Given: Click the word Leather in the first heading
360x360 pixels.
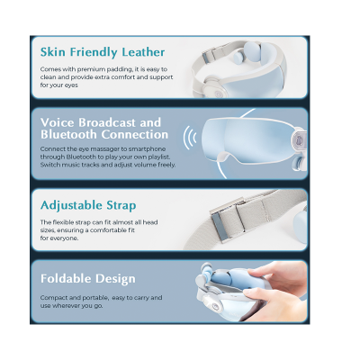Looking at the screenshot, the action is pos(139,52).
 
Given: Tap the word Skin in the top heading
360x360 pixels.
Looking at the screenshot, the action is pos(53,52).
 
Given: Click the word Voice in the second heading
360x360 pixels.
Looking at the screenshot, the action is pos(57,122).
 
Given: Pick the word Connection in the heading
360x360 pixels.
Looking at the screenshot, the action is pos(135,134).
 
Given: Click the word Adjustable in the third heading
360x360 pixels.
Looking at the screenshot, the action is pos(71,206).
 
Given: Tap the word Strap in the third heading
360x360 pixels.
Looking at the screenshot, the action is pos(121,206).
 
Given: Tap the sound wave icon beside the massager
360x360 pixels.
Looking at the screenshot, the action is pos(190,138).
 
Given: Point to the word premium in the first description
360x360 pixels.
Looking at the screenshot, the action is pos(88,69).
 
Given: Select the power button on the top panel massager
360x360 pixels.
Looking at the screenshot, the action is pos(218,94).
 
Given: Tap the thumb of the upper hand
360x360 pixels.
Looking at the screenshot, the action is pos(260,272).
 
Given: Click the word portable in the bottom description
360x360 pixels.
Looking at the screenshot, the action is pos(95,298).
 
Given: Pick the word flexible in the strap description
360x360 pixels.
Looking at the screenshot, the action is pos(63,222).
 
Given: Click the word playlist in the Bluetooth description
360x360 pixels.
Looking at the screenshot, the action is pos(159,157).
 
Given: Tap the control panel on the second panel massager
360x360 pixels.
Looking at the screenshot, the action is pos(299,139).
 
